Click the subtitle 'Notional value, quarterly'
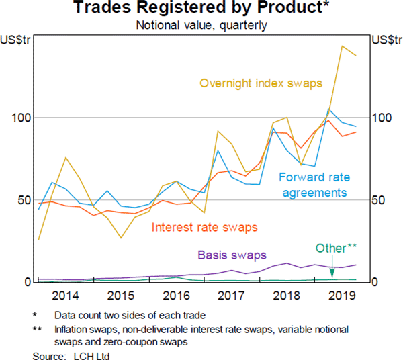201,26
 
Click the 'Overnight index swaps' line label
261,84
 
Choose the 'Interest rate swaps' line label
205,228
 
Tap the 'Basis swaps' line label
232,255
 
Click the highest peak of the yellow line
343,46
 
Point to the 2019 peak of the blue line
328,109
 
